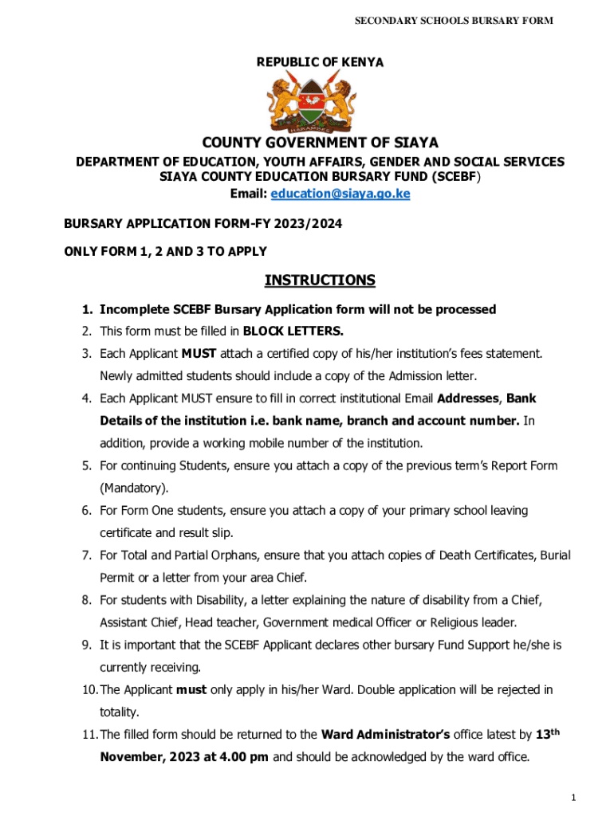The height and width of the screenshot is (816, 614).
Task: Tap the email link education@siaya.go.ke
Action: click(340, 194)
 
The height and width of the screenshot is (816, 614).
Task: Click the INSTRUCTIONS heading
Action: click(319, 280)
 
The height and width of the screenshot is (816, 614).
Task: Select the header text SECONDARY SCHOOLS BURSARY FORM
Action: click(454, 20)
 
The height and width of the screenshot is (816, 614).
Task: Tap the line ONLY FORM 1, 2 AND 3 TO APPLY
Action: click(165, 252)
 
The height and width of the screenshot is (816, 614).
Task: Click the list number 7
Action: click(87, 555)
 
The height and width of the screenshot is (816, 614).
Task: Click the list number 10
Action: click(89, 689)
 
